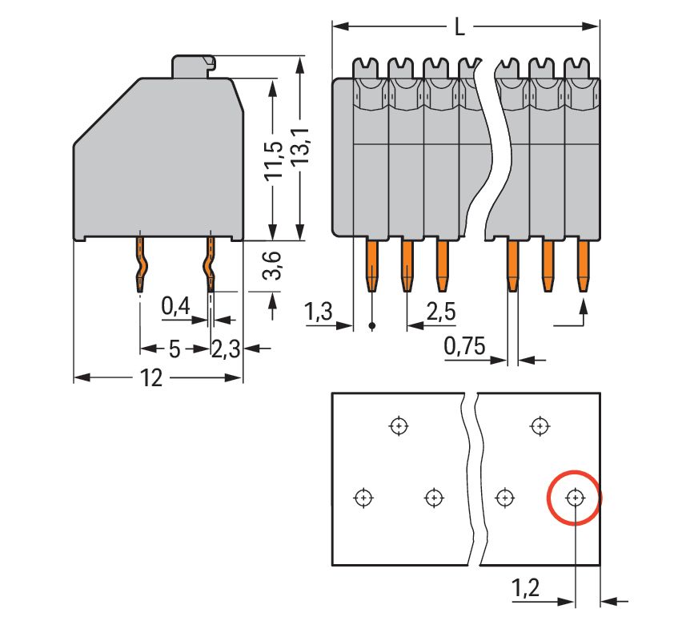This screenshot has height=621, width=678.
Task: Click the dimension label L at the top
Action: [x=459, y=27]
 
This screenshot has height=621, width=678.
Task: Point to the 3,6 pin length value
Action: [x=273, y=265]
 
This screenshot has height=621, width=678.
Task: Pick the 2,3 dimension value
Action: [x=226, y=349]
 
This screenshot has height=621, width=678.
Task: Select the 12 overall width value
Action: [x=151, y=378]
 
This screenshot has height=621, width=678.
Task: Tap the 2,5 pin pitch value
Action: [x=441, y=312]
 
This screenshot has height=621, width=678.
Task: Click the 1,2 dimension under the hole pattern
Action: [x=527, y=590]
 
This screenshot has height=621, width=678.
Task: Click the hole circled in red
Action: [x=574, y=498]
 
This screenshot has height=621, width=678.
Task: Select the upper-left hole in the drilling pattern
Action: [x=398, y=425]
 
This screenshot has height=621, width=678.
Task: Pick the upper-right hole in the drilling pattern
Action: [x=540, y=425]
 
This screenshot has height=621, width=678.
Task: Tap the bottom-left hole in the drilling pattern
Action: [x=363, y=498]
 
